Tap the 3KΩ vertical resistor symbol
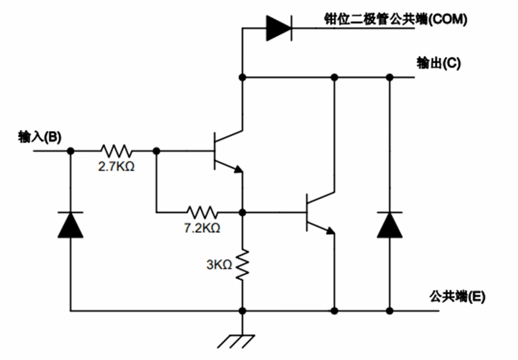(x=243, y=265)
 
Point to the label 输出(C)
(x=438, y=64)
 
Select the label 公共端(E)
(x=456, y=296)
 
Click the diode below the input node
(x=71, y=225)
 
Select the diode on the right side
(x=389, y=225)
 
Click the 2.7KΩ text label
(x=116, y=167)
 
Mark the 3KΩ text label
(x=220, y=264)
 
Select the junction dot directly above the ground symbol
(x=243, y=311)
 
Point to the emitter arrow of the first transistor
(x=238, y=169)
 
